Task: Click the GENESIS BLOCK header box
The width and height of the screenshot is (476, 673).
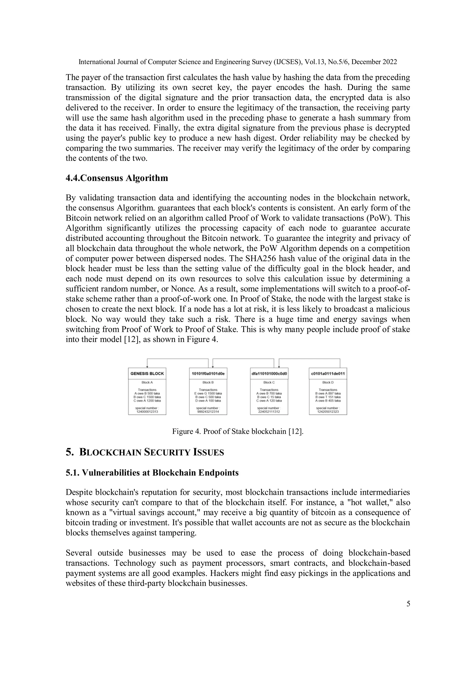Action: click(147, 374)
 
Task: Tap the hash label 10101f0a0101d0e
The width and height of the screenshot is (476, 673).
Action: click(208, 374)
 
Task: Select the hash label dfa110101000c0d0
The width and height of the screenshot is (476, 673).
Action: click(269, 374)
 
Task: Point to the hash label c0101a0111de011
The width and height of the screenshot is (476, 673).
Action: click(328, 374)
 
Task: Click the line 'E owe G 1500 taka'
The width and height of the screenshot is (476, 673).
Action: click(208, 393)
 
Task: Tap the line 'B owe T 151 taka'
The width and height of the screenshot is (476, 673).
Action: click(328, 397)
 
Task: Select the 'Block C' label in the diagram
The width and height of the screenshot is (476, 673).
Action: click(269, 382)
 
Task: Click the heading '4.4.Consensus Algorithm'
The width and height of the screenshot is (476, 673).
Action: click(117, 178)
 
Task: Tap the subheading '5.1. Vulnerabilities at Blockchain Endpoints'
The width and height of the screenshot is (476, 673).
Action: click(152, 473)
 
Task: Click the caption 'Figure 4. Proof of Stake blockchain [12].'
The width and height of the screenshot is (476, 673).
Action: click(238, 431)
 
